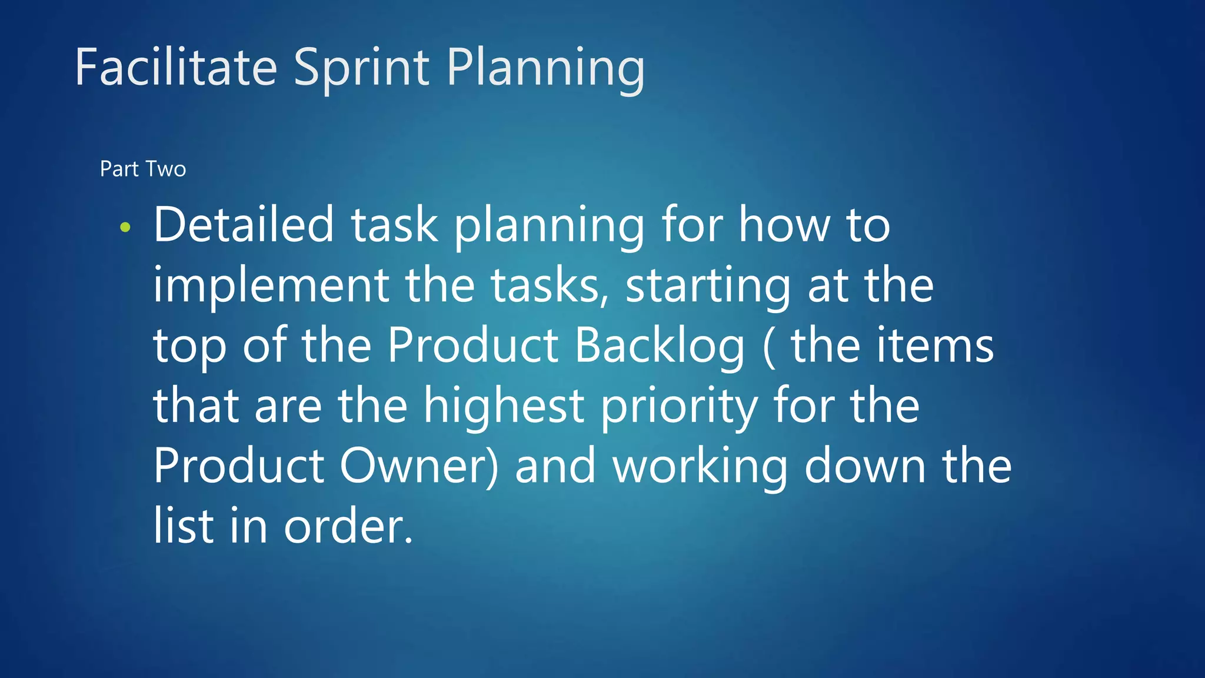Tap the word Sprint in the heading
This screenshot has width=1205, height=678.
361,68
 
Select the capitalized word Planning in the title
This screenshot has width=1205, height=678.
545,68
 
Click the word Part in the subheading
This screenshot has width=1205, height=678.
119,169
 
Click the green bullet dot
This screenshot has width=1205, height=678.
125,227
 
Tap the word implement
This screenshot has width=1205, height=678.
271,285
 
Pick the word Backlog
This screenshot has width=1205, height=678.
660,345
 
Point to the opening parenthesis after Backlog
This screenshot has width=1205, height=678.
768,347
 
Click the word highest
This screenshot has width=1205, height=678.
504,406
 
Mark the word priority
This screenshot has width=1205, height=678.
678,407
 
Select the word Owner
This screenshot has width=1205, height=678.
418,466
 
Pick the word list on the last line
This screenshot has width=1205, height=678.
183,525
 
